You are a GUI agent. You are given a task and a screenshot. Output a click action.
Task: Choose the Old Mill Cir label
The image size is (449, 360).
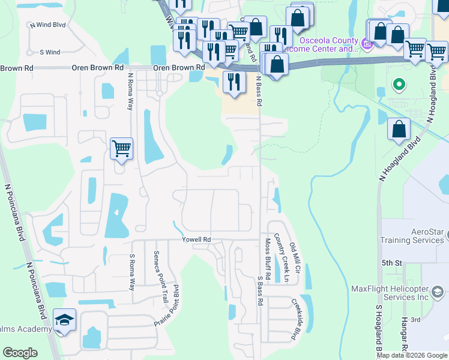pyautogui.click(x=294, y=255)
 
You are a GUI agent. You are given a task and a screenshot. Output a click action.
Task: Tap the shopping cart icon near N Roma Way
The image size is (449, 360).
pyautogui.click(x=121, y=148)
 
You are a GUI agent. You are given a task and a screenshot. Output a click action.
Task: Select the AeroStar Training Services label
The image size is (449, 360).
pyautogui.click(x=412, y=236)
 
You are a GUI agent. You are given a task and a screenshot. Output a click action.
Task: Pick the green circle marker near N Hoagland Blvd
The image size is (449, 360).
pyautogui.click(x=397, y=85)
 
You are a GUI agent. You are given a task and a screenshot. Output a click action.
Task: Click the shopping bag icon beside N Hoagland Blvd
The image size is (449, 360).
pyautogui.click(x=399, y=129)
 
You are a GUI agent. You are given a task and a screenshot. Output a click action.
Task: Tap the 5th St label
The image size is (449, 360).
pyautogui.click(x=391, y=263)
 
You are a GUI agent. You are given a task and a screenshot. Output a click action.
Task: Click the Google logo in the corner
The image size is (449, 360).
pyautogui.click(x=20, y=352)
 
